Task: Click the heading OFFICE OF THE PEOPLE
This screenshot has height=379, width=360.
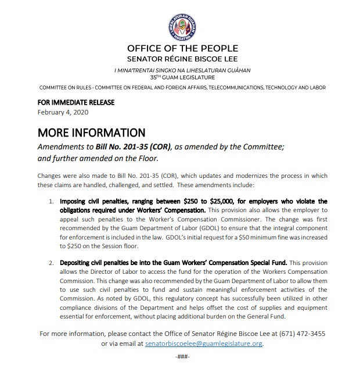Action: (182, 49)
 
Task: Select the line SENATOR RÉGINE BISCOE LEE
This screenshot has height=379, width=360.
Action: (182, 60)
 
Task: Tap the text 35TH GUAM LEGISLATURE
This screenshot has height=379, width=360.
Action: (182, 77)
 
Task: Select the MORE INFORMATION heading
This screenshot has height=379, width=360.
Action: (91, 133)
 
